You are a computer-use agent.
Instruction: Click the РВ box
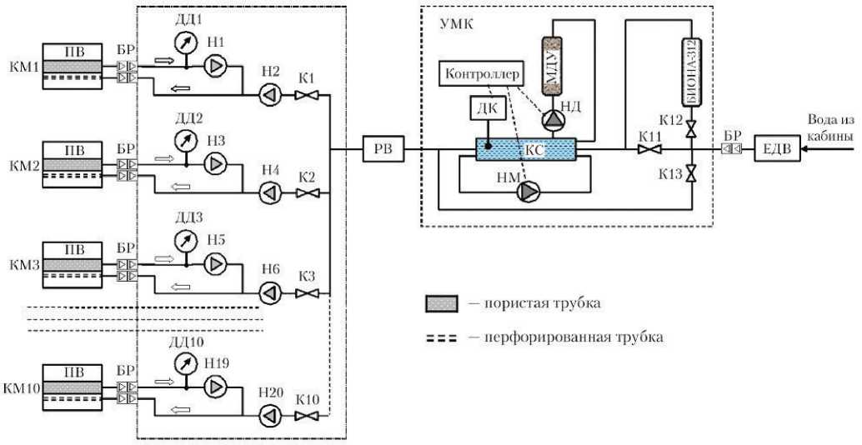(x=383, y=150)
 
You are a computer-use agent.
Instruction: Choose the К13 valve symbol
(x=690, y=175)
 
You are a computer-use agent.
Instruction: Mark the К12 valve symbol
(x=690, y=128)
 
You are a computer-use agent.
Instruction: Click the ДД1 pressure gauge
(x=186, y=42)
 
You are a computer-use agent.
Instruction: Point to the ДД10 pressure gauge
(x=186, y=364)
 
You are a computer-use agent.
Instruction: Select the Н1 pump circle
(x=215, y=65)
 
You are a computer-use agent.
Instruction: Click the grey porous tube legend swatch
(x=439, y=303)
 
